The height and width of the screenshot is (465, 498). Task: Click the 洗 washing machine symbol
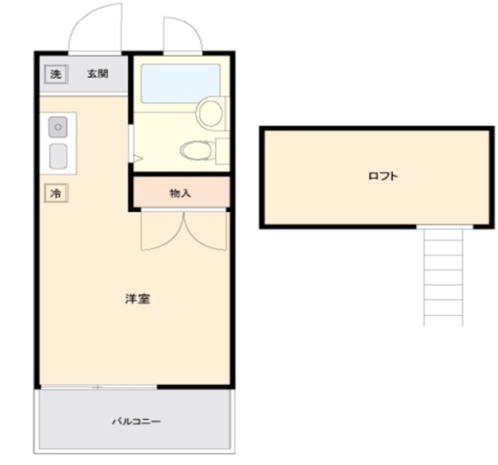pyautogui.click(x=56, y=74)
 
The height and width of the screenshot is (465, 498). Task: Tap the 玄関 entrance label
pyautogui.click(x=98, y=74)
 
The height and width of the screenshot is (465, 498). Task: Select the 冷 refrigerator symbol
pyautogui.click(x=56, y=194)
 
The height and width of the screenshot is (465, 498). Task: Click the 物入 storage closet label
pyautogui.click(x=180, y=194)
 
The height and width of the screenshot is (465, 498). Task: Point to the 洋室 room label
pyautogui.click(x=137, y=299)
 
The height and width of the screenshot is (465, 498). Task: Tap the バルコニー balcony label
pyautogui.click(x=136, y=421)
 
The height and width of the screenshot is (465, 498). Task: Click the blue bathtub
pyautogui.click(x=181, y=83)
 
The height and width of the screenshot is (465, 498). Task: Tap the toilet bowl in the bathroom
pyautogui.click(x=196, y=150)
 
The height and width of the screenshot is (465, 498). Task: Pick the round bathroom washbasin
pyautogui.click(x=210, y=113)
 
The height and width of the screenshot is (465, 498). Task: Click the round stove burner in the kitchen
pyautogui.click(x=58, y=127)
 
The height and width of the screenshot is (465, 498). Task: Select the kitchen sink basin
pyautogui.click(x=58, y=156)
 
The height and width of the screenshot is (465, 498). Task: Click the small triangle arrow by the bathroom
pyautogui.click(x=138, y=159)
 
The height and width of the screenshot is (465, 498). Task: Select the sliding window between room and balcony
pyautogui.click(x=98, y=387)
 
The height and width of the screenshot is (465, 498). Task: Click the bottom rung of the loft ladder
pyautogui.click(x=443, y=314)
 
